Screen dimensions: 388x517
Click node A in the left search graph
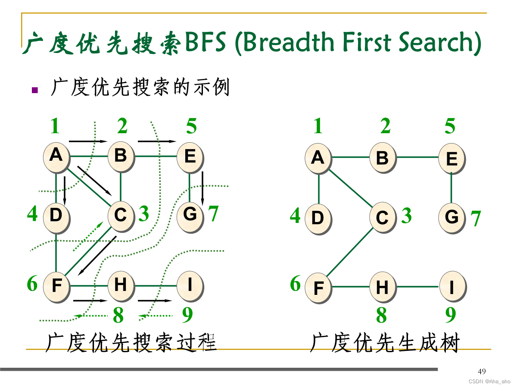pyautogui.click(x=56, y=156)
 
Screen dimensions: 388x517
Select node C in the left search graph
pyautogui.click(x=121, y=215)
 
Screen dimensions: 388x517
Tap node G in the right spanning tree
pyautogui.click(x=452, y=217)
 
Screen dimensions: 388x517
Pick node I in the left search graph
pyautogui.click(x=190, y=285)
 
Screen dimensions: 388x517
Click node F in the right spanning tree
pyautogui.click(x=318, y=288)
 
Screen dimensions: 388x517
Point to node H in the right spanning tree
pyautogui.click(x=382, y=287)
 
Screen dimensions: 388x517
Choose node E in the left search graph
pyautogui.click(x=190, y=156)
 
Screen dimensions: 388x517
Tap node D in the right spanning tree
pyautogui.click(x=318, y=218)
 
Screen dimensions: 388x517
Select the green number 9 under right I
pyautogui.click(x=451, y=315)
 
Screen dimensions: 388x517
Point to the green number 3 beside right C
pyautogui.click(x=406, y=216)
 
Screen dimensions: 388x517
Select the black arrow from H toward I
pyautogui.click(x=154, y=300)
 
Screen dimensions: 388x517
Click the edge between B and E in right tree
pyautogui.click(x=417, y=157)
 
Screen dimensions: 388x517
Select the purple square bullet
pyautogui.click(x=35, y=90)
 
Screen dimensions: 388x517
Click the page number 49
pyautogui.click(x=482, y=372)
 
